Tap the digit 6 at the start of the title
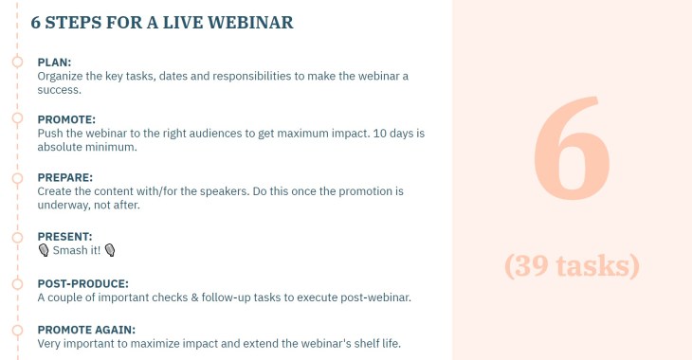click(x=37, y=22)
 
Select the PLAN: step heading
click(x=55, y=62)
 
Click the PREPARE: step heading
click(x=64, y=177)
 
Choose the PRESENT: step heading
click(x=64, y=236)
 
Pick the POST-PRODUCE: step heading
click(x=82, y=283)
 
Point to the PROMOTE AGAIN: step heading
click(x=86, y=330)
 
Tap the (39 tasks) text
click(x=572, y=265)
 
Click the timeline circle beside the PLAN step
click(x=17, y=62)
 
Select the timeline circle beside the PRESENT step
click(x=17, y=236)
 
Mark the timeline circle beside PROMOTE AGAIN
click(x=17, y=330)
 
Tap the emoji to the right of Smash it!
click(x=110, y=250)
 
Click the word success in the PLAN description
click(x=60, y=90)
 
